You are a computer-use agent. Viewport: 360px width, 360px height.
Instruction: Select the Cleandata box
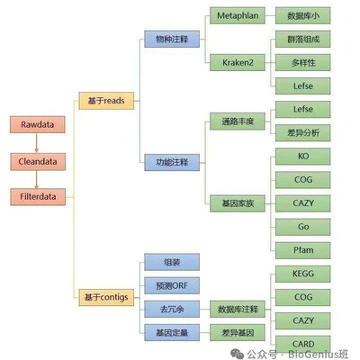point(36,161)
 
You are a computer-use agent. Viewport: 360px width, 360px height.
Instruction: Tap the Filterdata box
point(36,195)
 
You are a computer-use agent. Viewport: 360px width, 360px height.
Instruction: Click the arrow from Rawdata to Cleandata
point(36,144)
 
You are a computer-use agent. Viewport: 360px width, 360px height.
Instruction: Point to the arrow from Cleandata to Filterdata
point(36,178)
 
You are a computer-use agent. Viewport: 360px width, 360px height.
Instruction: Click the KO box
point(302,156)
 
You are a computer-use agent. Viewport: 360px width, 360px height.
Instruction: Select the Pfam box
point(302,249)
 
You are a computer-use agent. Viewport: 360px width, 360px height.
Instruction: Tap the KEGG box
point(302,273)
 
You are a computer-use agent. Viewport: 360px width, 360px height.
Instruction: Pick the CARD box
point(302,343)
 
